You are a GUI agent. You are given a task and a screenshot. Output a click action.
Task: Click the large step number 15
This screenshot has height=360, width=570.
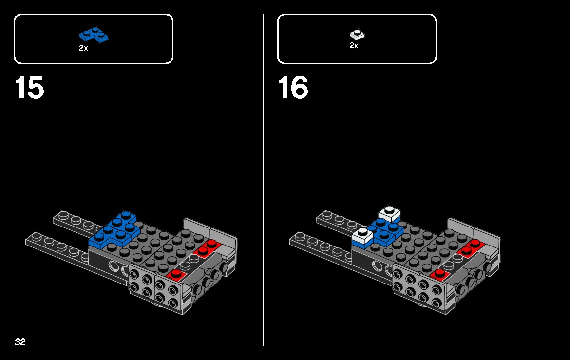pos(30,88)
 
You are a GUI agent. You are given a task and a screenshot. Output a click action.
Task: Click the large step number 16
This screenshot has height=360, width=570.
pos(293,88)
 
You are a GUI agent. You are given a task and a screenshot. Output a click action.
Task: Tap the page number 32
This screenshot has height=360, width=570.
pos(20,342)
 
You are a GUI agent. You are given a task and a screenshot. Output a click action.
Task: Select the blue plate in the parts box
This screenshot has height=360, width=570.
pos(94,35)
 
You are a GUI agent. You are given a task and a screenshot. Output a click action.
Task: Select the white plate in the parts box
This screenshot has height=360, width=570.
pos(357,35)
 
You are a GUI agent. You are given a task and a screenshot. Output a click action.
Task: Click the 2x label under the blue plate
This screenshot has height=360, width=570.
pos(83,48)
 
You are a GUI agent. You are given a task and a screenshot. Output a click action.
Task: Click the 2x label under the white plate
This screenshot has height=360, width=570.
pos(354,46)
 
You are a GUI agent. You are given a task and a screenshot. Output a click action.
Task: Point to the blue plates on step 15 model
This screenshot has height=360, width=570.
pos(114,229)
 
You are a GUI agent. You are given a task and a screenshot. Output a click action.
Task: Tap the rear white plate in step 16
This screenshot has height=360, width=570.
pos(390,213)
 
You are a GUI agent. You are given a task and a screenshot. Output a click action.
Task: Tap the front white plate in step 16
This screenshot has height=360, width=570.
pos(362,236)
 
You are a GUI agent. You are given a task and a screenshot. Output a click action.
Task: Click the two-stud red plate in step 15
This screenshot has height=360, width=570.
pos(206,248)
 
